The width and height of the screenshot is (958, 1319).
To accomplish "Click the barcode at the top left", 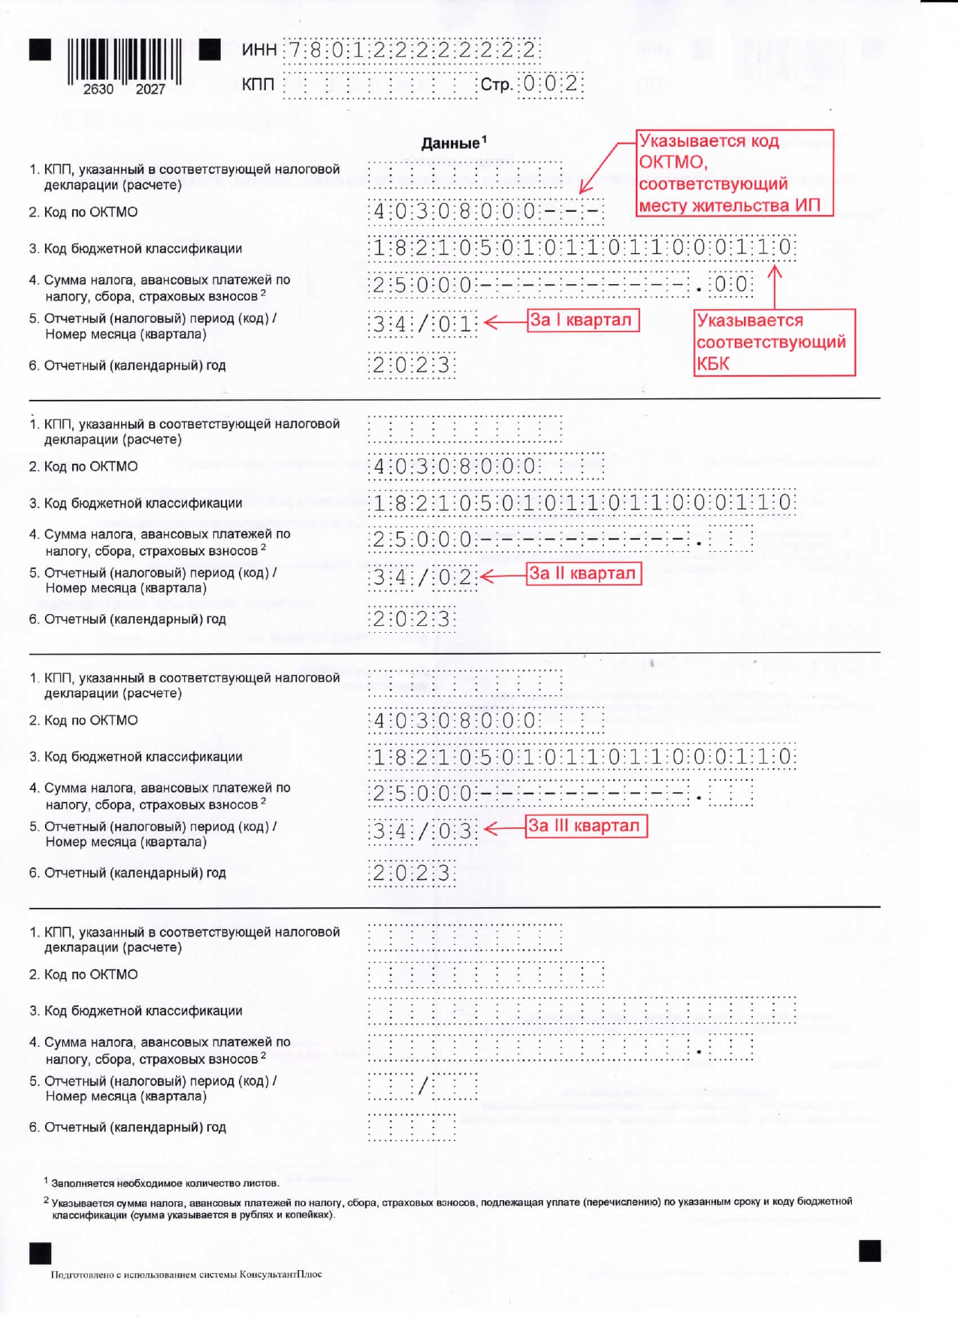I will [125, 60].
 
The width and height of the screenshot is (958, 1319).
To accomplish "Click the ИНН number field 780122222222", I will [412, 50].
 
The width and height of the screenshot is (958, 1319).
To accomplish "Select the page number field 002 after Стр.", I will [551, 83].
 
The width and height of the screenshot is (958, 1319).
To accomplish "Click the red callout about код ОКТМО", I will [734, 173].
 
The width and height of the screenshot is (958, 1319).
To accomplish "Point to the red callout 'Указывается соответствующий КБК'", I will [773, 342].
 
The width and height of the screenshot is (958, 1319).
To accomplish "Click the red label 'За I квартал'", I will [582, 320].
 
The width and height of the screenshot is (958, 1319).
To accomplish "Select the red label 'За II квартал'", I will [583, 573].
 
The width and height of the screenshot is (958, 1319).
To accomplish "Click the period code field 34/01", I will [423, 325].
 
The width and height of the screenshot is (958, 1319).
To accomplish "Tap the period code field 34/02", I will [423, 578].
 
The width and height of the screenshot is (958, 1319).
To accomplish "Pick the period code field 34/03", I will [423, 831].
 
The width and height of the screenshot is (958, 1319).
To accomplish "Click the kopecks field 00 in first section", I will [731, 285].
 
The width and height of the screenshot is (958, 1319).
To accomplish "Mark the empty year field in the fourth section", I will [412, 1127].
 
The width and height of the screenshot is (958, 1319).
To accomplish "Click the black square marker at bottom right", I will [869, 1251].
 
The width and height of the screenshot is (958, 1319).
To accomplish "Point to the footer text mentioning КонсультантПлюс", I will [186, 1274].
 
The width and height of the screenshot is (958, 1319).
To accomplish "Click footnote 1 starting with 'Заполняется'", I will [165, 1183].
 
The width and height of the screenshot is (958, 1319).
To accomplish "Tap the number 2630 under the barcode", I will [98, 89].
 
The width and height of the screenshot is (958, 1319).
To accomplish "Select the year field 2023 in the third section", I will [412, 873].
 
